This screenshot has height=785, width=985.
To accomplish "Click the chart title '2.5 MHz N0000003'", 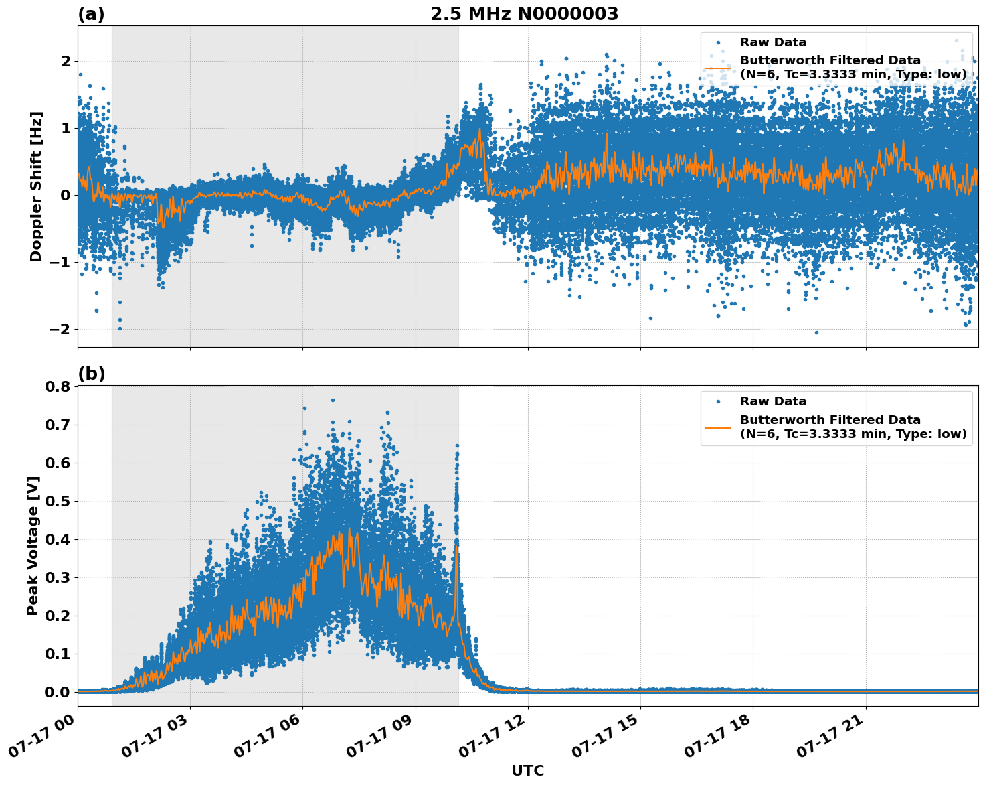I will coord(524,14).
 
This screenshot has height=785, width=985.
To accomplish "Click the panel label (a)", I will coord(91,14).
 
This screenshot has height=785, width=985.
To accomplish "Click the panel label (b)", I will coord(91,374).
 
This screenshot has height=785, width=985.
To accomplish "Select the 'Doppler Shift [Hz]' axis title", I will coord(36,186).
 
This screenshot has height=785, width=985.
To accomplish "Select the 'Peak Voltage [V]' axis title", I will coord(33,545).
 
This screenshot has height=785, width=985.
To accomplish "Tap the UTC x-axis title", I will coord(527,770).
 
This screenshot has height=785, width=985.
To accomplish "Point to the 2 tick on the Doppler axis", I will coord(66,62).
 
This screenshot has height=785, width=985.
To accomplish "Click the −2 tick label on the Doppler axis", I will coord(60,329).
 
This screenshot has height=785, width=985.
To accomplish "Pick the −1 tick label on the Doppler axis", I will coord(60,262).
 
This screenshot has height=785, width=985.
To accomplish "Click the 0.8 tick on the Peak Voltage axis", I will coord(57,387).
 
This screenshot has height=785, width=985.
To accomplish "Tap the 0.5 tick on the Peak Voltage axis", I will coord(57,501).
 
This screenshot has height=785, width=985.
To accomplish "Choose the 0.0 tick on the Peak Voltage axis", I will coord(57,692).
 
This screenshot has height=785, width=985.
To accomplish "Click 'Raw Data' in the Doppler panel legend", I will coord(773,42).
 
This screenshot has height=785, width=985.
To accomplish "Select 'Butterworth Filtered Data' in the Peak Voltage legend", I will coord(830,420).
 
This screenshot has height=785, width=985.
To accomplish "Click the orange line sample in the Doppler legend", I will coord(718,67).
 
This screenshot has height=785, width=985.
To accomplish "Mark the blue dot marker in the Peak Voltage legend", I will coord(718,401).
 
